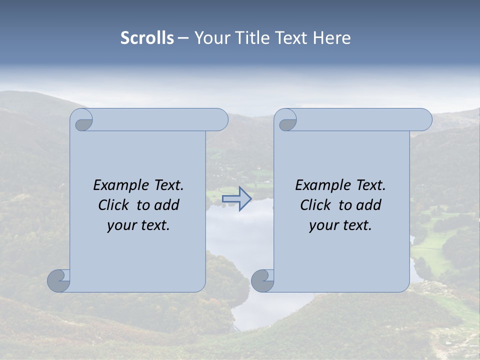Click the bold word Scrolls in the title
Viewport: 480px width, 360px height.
[147, 38]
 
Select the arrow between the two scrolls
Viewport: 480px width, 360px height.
[236, 199]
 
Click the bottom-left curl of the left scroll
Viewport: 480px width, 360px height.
[58, 281]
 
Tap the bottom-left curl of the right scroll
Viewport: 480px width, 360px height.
[262, 281]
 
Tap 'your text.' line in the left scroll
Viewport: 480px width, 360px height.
[138, 225]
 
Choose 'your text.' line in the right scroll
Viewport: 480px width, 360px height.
[340, 225]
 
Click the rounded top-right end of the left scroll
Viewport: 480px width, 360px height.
[220, 120]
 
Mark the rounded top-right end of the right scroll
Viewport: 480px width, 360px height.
[424, 120]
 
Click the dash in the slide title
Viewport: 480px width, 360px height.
[183, 38]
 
